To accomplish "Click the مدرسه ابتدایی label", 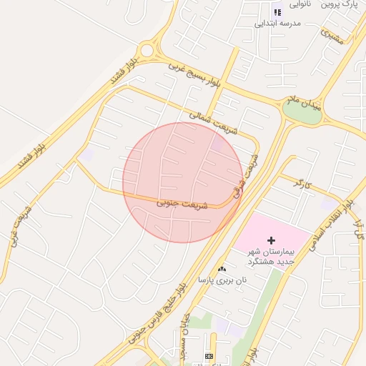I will pos(278,24).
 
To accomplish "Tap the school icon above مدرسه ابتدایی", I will pos(277,11).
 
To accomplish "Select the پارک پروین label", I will pos(339,4).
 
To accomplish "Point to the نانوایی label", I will pos(299,4).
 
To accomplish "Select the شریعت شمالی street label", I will pos(213,119).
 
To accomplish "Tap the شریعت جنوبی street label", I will pos(182,204).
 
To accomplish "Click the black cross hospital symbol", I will pos(271,241).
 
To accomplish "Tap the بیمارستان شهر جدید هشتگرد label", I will pos(271,257).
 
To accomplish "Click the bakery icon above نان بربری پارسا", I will pos(222,269).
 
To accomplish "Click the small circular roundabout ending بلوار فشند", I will pos(147,50).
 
